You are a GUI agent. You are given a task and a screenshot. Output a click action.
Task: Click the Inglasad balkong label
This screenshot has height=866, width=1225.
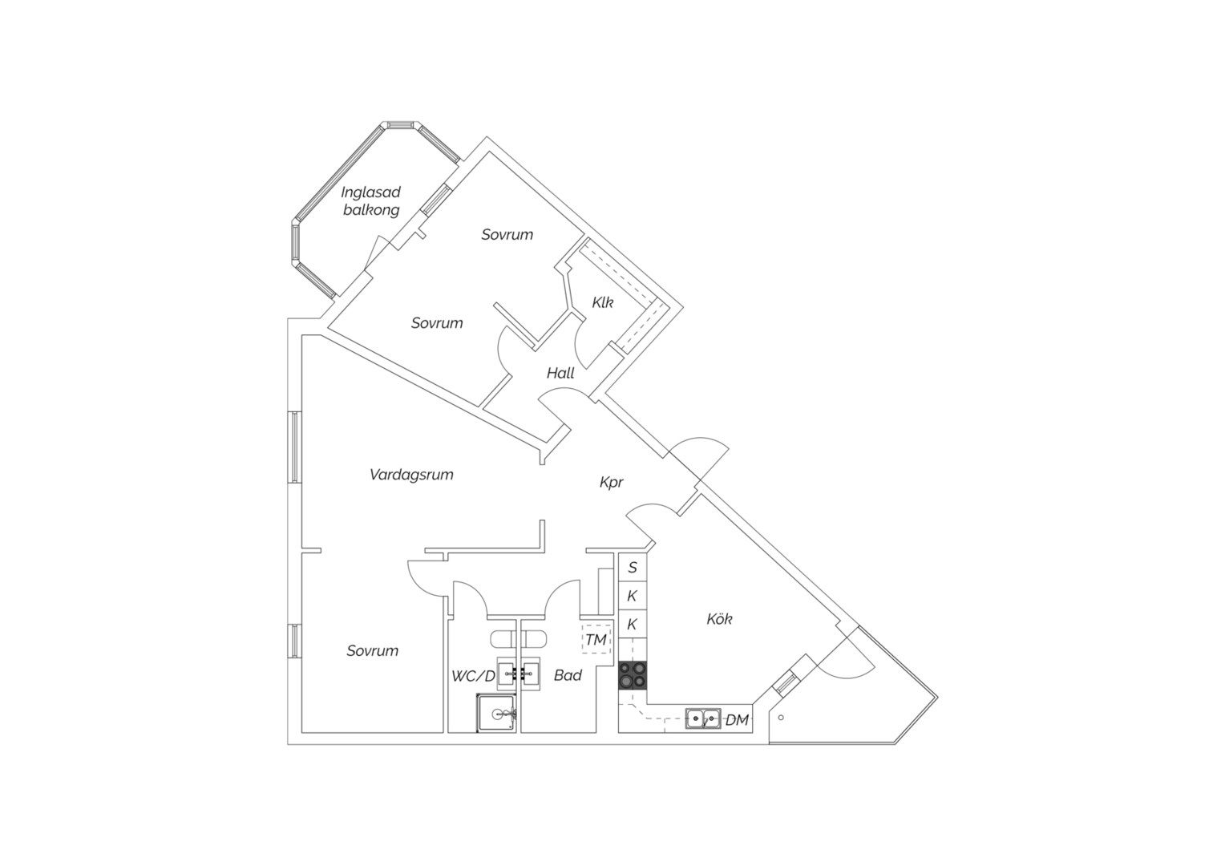(x=370, y=200)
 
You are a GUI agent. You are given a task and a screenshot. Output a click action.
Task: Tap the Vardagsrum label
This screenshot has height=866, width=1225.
(x=411, y=475)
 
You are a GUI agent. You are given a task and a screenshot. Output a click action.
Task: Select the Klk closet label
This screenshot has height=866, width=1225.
(x=603, y=302)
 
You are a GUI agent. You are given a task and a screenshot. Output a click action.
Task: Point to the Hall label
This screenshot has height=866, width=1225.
(x=560, y=373)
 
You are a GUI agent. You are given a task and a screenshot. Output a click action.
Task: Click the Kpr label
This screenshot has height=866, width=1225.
(x=612, y=482)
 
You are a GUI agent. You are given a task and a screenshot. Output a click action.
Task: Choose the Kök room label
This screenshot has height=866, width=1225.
(x=719, y=619)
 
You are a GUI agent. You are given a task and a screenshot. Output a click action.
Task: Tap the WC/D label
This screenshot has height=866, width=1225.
(x=473, y=676)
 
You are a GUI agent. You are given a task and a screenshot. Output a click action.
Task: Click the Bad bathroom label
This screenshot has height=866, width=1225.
(x=568, y=675)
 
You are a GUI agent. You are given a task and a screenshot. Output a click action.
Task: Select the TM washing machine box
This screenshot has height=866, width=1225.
(x=596, y=639)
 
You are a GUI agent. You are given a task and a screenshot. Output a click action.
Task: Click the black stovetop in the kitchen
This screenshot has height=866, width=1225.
(x=633, y=675)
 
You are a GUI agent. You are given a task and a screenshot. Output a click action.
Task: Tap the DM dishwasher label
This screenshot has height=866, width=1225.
(x=737, y=720)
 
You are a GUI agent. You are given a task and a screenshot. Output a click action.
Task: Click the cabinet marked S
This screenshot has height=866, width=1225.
(x=633, y=567)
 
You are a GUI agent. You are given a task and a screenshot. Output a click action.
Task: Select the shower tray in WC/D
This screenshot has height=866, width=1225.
(x=496, y=713)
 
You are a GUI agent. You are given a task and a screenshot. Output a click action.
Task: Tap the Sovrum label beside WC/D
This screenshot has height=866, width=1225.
(x=373, y=650)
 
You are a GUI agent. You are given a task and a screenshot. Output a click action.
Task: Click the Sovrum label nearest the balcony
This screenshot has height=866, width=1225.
(x=507, y=234)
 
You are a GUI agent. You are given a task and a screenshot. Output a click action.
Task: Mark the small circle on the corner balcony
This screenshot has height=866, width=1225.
(x=781, y=717)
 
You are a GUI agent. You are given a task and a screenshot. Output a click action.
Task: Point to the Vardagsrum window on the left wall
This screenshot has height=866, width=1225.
(x=294, y=447)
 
